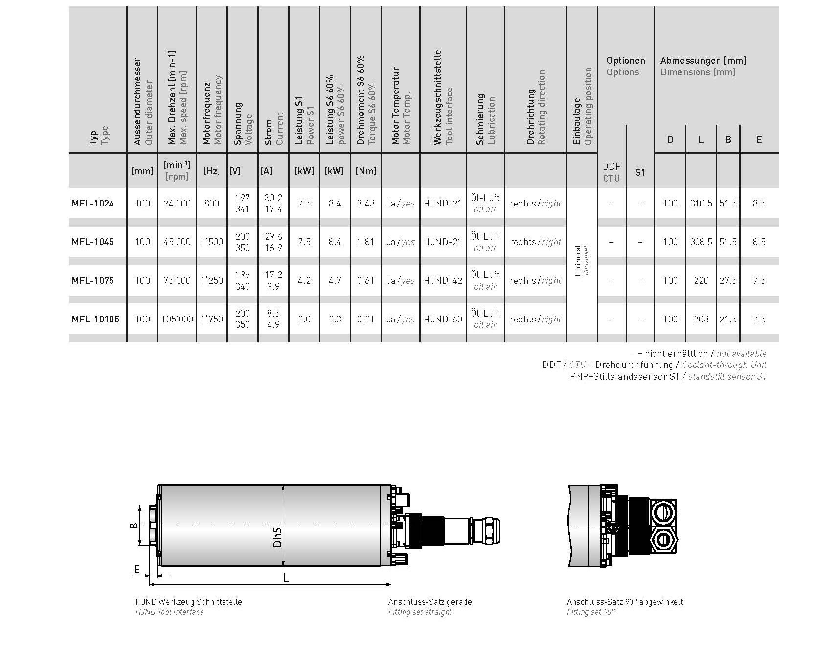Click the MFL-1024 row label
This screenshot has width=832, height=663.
92,204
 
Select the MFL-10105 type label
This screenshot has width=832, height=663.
95,319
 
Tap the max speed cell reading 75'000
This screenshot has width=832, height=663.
177,280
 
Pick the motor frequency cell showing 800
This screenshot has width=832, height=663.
211,203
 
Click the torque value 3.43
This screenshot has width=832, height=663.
365,203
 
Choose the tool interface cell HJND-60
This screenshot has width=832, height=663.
443,319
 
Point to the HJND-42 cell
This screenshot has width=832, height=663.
443,280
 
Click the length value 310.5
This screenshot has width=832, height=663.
701,203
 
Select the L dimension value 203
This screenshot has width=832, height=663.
701,319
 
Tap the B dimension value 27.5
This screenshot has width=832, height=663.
728,280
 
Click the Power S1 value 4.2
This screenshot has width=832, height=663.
304,280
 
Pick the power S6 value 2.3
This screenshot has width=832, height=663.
335,319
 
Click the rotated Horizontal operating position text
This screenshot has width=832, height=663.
582,261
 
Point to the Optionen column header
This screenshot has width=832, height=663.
626,61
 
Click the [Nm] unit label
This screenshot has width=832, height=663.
365,171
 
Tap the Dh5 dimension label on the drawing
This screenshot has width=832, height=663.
278,537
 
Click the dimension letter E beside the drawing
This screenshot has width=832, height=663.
137,569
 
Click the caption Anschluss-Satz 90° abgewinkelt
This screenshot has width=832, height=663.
625,602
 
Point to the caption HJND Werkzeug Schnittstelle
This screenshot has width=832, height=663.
188,602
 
